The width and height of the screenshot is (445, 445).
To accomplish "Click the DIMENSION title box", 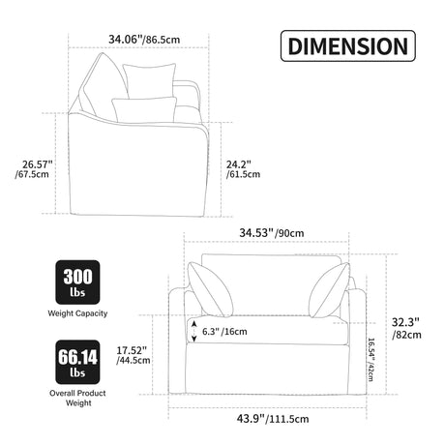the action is tap(348, 46).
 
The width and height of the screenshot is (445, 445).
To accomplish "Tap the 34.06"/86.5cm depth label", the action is tap(144, 40).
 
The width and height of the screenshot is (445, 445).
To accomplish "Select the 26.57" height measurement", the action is tap(38, 164).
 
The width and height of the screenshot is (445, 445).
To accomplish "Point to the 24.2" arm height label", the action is tap(238, 164).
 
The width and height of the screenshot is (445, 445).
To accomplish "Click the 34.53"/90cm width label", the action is tap(272, 233).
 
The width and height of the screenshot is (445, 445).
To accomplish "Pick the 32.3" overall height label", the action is tap(405, 322).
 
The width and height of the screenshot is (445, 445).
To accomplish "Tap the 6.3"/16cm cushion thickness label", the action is tap(224, 332).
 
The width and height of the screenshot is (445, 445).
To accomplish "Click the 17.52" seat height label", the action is tap(132, 350).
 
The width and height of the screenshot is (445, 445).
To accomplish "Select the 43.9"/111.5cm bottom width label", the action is tap(273, 419).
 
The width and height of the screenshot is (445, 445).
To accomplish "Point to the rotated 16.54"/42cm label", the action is tap(371, 360).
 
